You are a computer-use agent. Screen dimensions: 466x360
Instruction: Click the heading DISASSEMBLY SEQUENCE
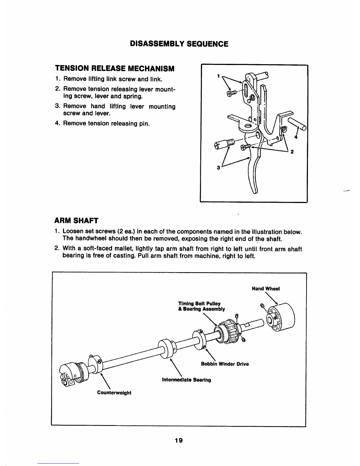click(179, 44)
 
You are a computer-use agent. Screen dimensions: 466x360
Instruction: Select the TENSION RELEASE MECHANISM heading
click(115, 69)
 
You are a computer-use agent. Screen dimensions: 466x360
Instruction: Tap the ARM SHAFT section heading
click(76, 220)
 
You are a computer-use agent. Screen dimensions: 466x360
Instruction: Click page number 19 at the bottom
click(178, 440)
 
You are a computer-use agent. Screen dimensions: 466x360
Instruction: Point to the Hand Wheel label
click(266, 289)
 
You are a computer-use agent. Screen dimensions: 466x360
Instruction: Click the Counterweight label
click(114, 393)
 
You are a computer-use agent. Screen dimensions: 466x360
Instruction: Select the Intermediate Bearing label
click(186, 380)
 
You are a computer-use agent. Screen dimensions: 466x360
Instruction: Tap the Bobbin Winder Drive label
click(225, 364)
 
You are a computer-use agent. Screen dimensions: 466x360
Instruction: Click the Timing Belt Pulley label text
click(199, 303)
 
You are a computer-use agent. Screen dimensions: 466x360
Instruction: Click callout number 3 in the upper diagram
click(218, 168)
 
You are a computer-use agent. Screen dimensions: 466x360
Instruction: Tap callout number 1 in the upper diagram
click(218, 76)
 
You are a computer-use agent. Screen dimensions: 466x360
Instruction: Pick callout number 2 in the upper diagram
click(292, 152)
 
